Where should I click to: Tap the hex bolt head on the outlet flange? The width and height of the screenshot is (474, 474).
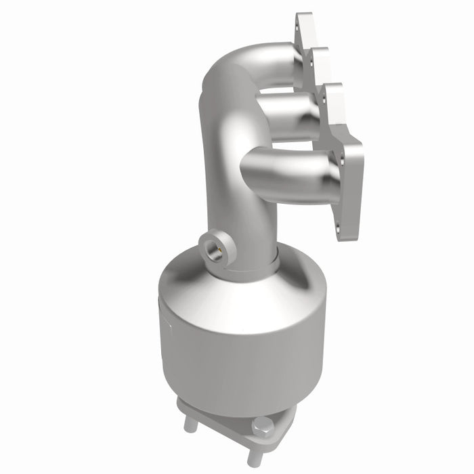tap(263, 427)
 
